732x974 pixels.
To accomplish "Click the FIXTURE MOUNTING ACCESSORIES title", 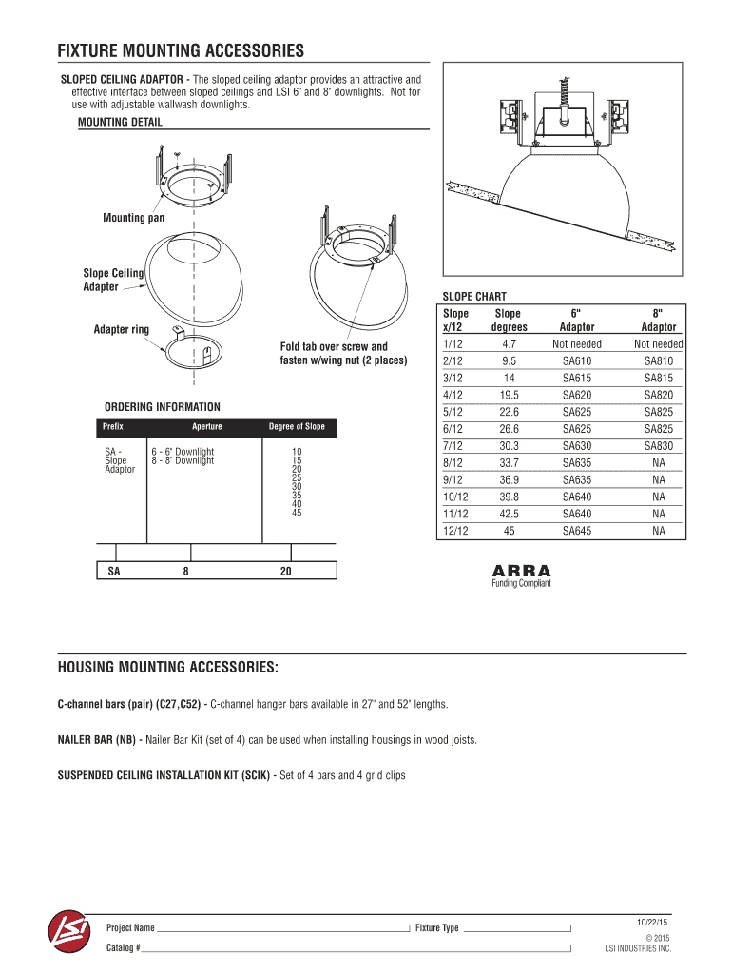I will coord(181,50).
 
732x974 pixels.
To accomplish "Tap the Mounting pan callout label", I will coord(133,219).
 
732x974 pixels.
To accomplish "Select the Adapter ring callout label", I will coord(121,330).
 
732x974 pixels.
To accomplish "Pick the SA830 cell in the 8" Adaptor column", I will coord(658,446).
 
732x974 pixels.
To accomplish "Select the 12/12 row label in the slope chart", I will coord(455,531).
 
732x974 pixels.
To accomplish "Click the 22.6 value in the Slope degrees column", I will coord(509,412).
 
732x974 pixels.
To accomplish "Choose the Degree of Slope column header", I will coord(297,427).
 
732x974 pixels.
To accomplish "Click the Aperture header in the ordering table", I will coord(206,427).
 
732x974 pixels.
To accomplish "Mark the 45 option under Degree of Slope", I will coord(297,514).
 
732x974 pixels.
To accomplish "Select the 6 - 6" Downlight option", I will coord(183,451).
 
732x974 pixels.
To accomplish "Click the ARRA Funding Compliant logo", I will coord(521,576).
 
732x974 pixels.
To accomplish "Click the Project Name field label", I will coord(130,928).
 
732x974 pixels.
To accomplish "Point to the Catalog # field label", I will coord(124,949).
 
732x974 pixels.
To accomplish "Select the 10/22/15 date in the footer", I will coord(652,923).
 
